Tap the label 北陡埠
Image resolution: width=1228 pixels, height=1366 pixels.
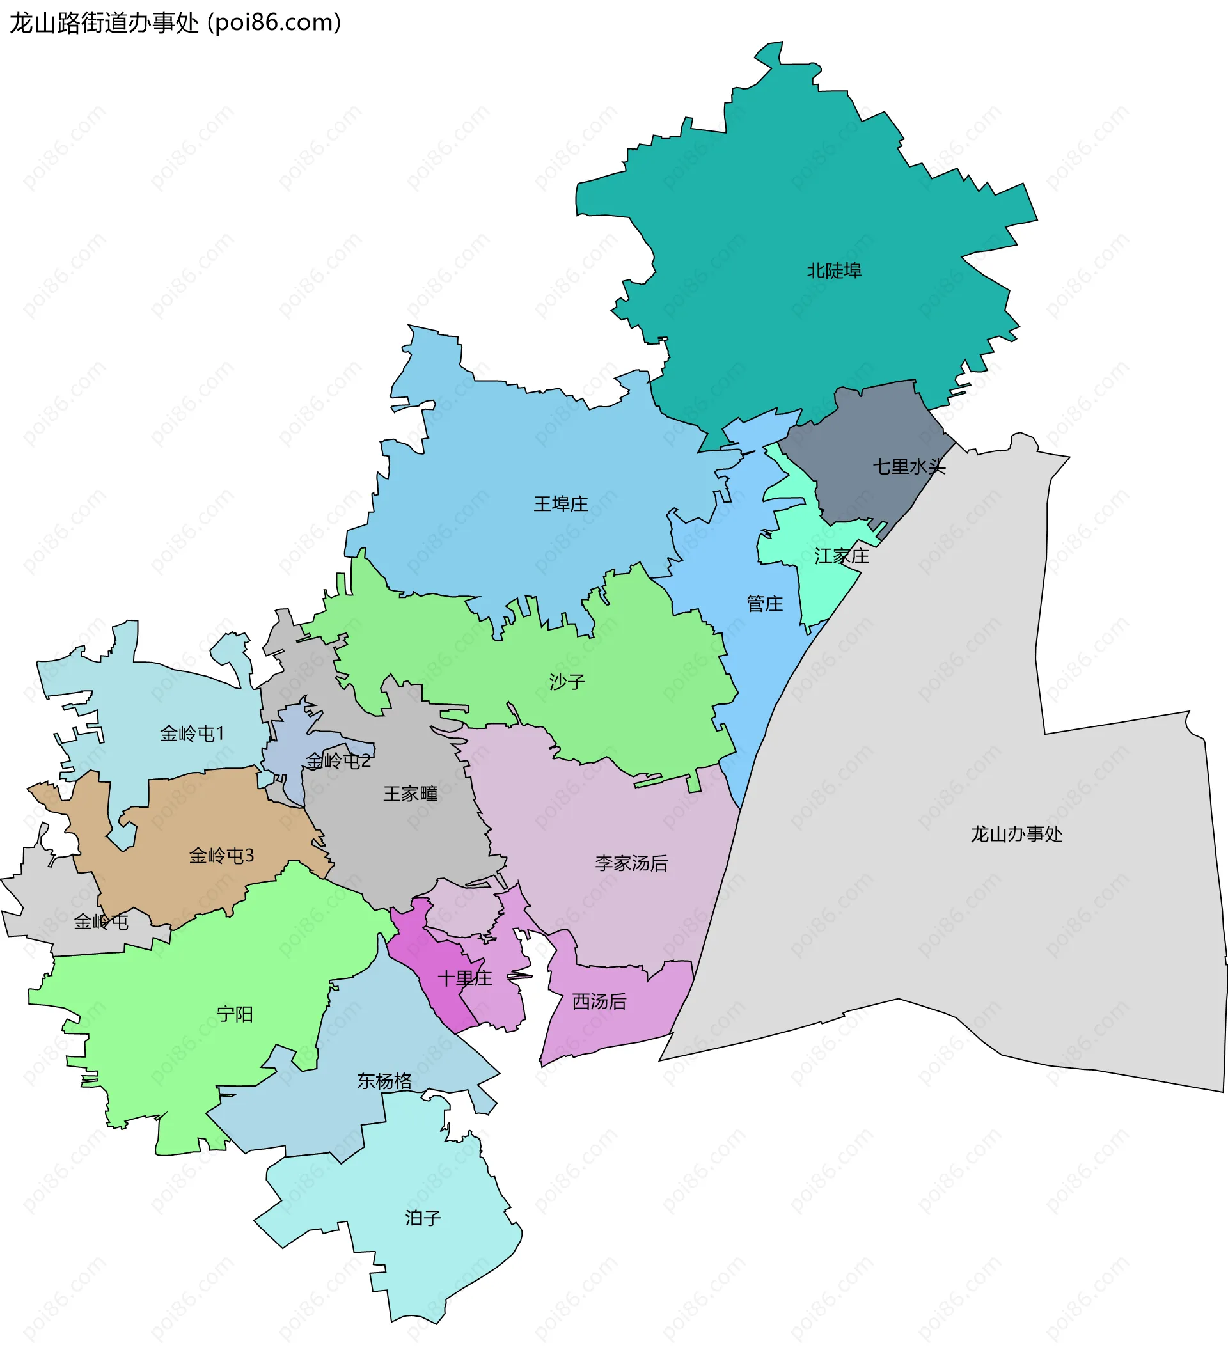834,271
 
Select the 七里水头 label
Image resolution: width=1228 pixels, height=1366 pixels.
909,466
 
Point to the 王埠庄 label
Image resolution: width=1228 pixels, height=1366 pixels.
561,503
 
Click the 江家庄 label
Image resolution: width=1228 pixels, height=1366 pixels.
842,556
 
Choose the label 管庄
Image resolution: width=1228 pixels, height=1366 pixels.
764,603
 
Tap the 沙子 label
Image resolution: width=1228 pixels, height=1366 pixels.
567,681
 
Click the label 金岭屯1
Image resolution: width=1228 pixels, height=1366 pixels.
192,734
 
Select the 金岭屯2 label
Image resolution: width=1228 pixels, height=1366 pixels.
338,761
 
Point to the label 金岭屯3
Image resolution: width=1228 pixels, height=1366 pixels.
221,856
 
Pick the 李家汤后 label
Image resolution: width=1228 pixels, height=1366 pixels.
631,863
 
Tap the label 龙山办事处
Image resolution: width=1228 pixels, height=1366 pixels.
1016,834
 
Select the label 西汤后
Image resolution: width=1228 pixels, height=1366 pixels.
599,1001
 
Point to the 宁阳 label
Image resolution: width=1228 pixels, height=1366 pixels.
235,1014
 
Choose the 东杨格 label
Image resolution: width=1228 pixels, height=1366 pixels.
384,1081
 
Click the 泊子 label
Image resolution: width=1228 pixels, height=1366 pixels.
423,1218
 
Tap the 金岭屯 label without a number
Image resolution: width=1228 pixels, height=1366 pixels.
101,922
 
